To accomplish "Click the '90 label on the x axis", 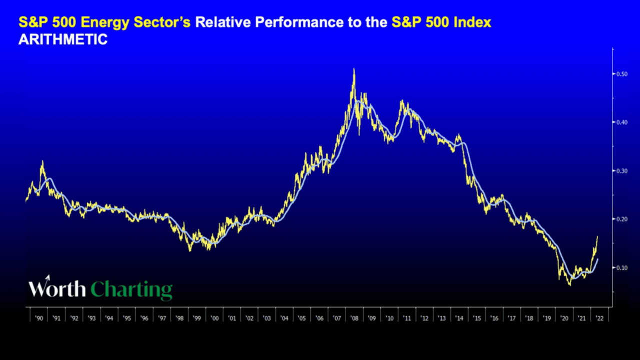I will click(38, 318).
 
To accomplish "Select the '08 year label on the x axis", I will click(354, 318).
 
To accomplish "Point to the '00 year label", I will click(214, 318).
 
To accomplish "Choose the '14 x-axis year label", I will click(459, 318).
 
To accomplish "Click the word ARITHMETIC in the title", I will click(63, 40).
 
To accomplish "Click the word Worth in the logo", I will click(56, 288).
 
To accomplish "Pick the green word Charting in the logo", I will click(131, 289).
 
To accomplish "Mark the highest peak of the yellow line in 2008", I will click(354, 68).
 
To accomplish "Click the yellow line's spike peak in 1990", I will click(42, 161).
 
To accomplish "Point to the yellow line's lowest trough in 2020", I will click(569, 285).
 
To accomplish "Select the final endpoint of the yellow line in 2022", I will click(597, 236).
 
